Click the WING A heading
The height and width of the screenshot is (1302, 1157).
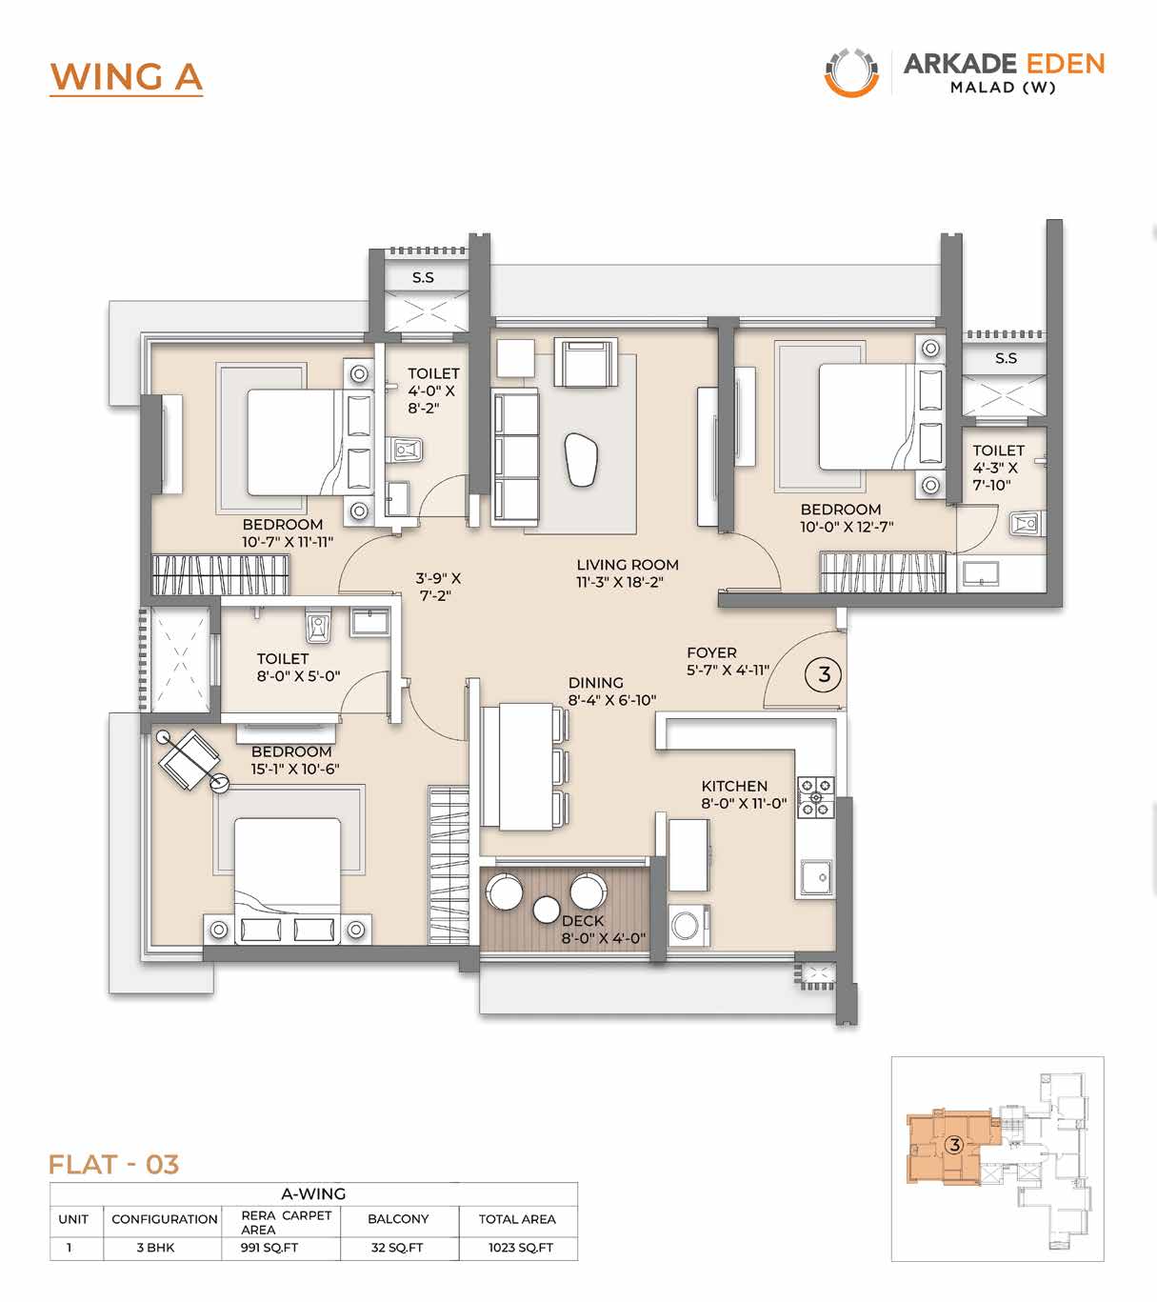(127, 77)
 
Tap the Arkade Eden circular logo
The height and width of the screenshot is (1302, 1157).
(851, 72)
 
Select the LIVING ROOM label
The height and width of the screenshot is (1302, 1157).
(628, 565)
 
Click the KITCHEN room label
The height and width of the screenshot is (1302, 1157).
(734, 786)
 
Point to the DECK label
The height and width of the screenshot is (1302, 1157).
(583, 921)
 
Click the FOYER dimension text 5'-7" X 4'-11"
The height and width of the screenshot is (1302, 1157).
(728, 671)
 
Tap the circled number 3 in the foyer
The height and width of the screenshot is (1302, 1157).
(824, 674)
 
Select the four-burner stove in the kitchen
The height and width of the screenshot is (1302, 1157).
(816, 797)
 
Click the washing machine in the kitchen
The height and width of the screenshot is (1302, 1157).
(688, 926)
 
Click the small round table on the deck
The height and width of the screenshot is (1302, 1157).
(546, 910)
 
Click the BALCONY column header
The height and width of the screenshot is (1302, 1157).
(398, 1218)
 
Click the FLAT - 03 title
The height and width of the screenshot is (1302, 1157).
(113, 1165)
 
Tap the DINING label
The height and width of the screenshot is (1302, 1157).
(595, 683)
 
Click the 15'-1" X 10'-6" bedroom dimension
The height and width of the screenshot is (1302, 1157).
(295, 769)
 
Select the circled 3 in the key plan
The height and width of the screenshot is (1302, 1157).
(954, 1145)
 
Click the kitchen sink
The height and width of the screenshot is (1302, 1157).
(816, 878)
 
